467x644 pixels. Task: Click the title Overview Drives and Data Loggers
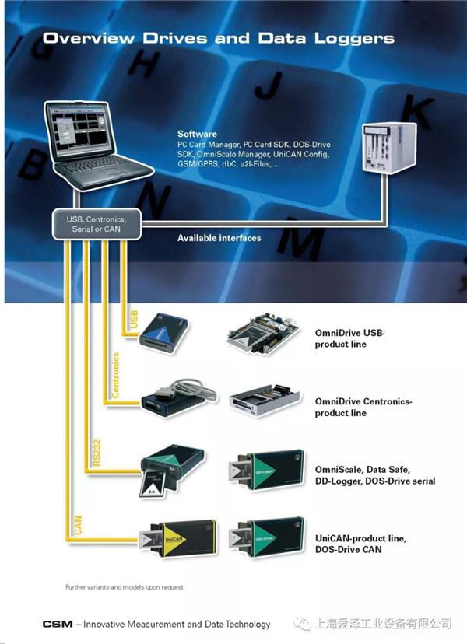coord(219,38)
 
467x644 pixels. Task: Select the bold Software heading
coord(197,135)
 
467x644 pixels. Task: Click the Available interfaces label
coord(219,238)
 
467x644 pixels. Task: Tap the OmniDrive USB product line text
coord(349,338)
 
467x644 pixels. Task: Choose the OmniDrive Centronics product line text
coord(363,407)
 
